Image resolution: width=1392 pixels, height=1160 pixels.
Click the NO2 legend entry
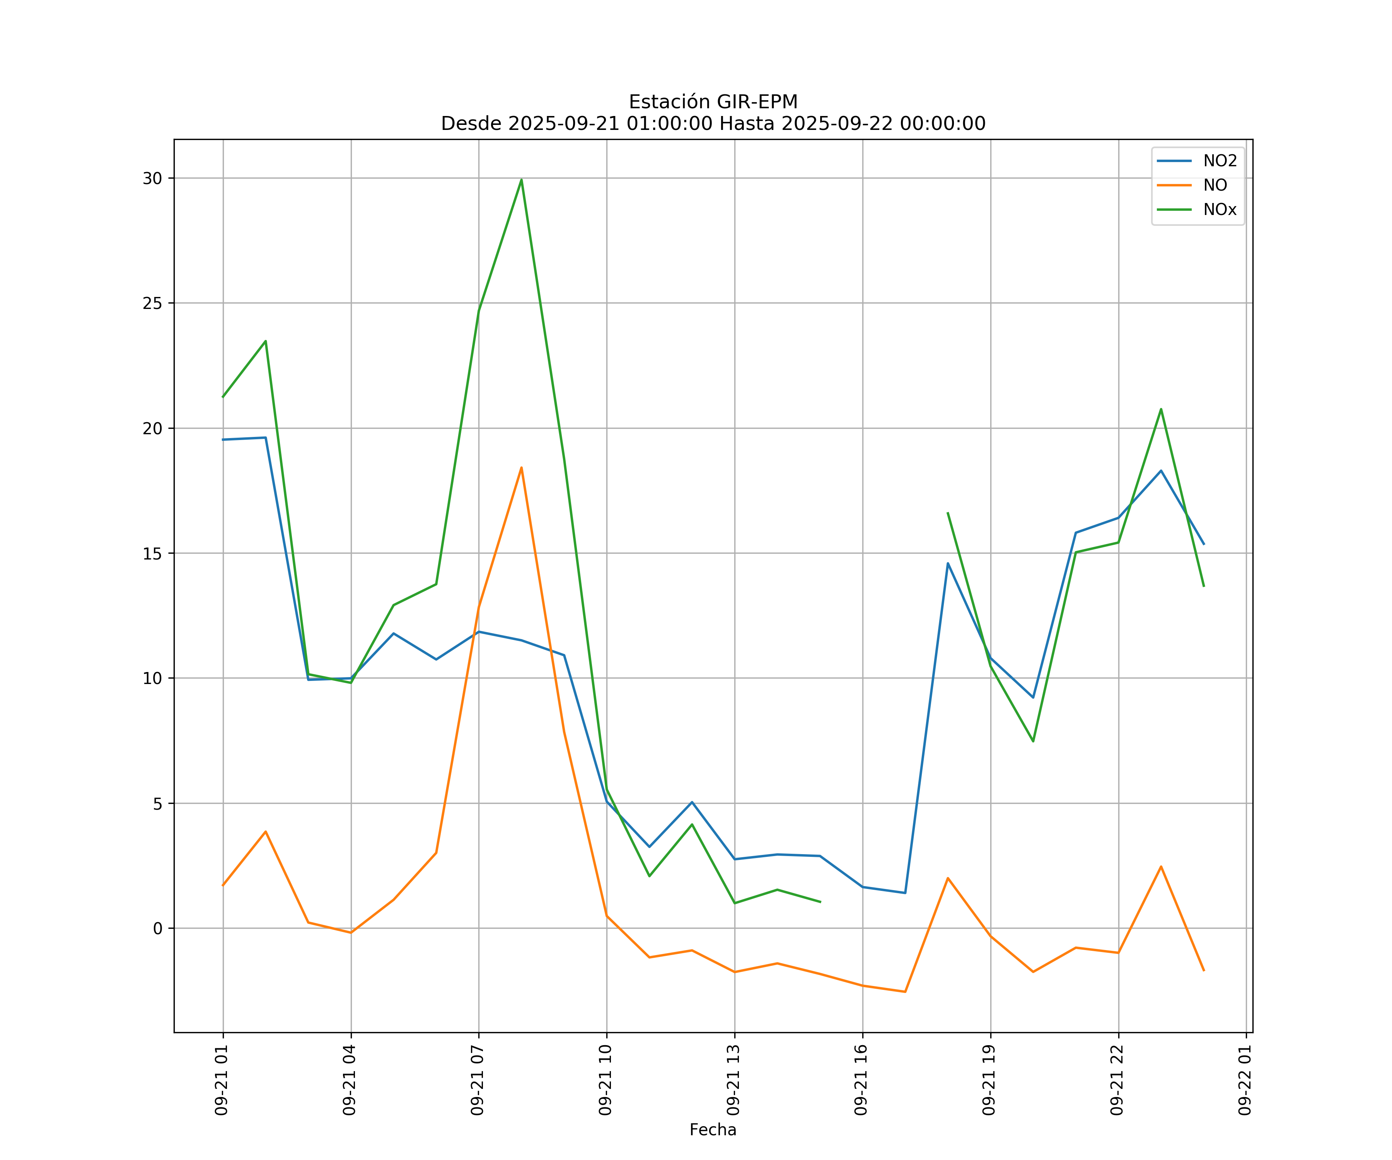coord(1220,161)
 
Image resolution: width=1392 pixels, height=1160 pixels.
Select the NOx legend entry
coord(1220,210)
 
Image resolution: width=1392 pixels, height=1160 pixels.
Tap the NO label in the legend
coord(1215,186)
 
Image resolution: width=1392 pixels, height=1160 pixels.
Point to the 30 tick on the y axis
coord(152,178)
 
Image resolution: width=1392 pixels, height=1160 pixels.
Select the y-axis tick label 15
coord(152,553)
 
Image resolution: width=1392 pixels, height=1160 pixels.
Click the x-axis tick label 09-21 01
coord(222,1080)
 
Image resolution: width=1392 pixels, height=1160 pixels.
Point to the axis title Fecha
coord(713,1130)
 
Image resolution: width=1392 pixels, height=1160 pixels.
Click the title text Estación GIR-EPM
coord(713,102)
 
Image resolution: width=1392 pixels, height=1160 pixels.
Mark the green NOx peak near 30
coord(521,180)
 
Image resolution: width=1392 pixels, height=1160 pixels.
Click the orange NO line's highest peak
coord(521,467)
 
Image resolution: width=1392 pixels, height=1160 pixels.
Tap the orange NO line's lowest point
coord(905,992)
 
